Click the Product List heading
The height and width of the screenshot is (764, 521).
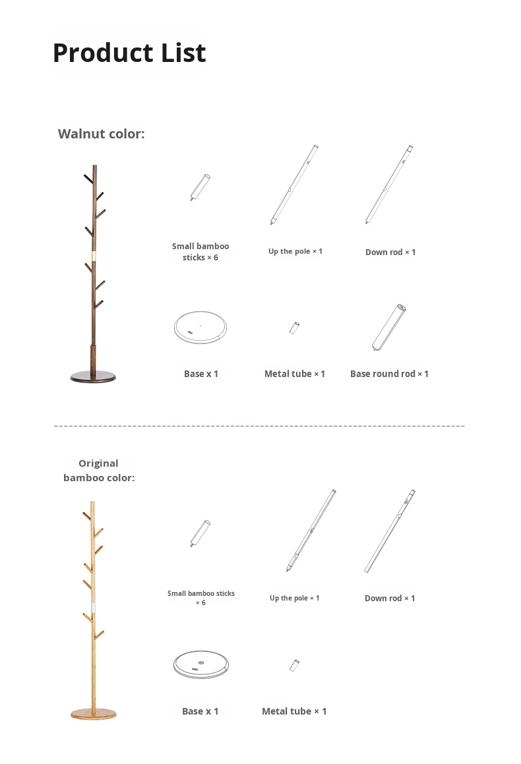pos(129,53)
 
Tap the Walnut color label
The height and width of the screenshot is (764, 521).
pos(102,134)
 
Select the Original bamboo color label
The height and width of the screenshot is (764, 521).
pos(99,471)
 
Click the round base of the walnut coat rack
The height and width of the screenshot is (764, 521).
pos(93,376)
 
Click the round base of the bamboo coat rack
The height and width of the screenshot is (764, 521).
pos(94,714)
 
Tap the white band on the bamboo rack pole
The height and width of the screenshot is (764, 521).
pos(93,608)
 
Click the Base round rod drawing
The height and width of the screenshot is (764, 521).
pos(389,328)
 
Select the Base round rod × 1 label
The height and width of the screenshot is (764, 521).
pos(389,374)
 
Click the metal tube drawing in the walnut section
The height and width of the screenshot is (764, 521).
pos(294,328)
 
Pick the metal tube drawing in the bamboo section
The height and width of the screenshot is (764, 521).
pos(294,665)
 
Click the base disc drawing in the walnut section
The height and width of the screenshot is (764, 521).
pos(200,327)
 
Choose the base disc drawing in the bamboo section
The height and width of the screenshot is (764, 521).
pos(200,664)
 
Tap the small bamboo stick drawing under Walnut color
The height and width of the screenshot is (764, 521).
pos(200,188)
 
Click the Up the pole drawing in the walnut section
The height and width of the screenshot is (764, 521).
pos(294,184)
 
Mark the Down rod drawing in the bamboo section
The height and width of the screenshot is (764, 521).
pos(390,531)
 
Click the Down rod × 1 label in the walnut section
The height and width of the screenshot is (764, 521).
pos(390,252)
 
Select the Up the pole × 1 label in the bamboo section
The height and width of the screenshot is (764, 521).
pos(294,598)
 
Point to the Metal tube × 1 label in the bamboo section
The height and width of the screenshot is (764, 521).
pos(294,711)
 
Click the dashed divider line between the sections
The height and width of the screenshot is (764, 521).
pos(259,426)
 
